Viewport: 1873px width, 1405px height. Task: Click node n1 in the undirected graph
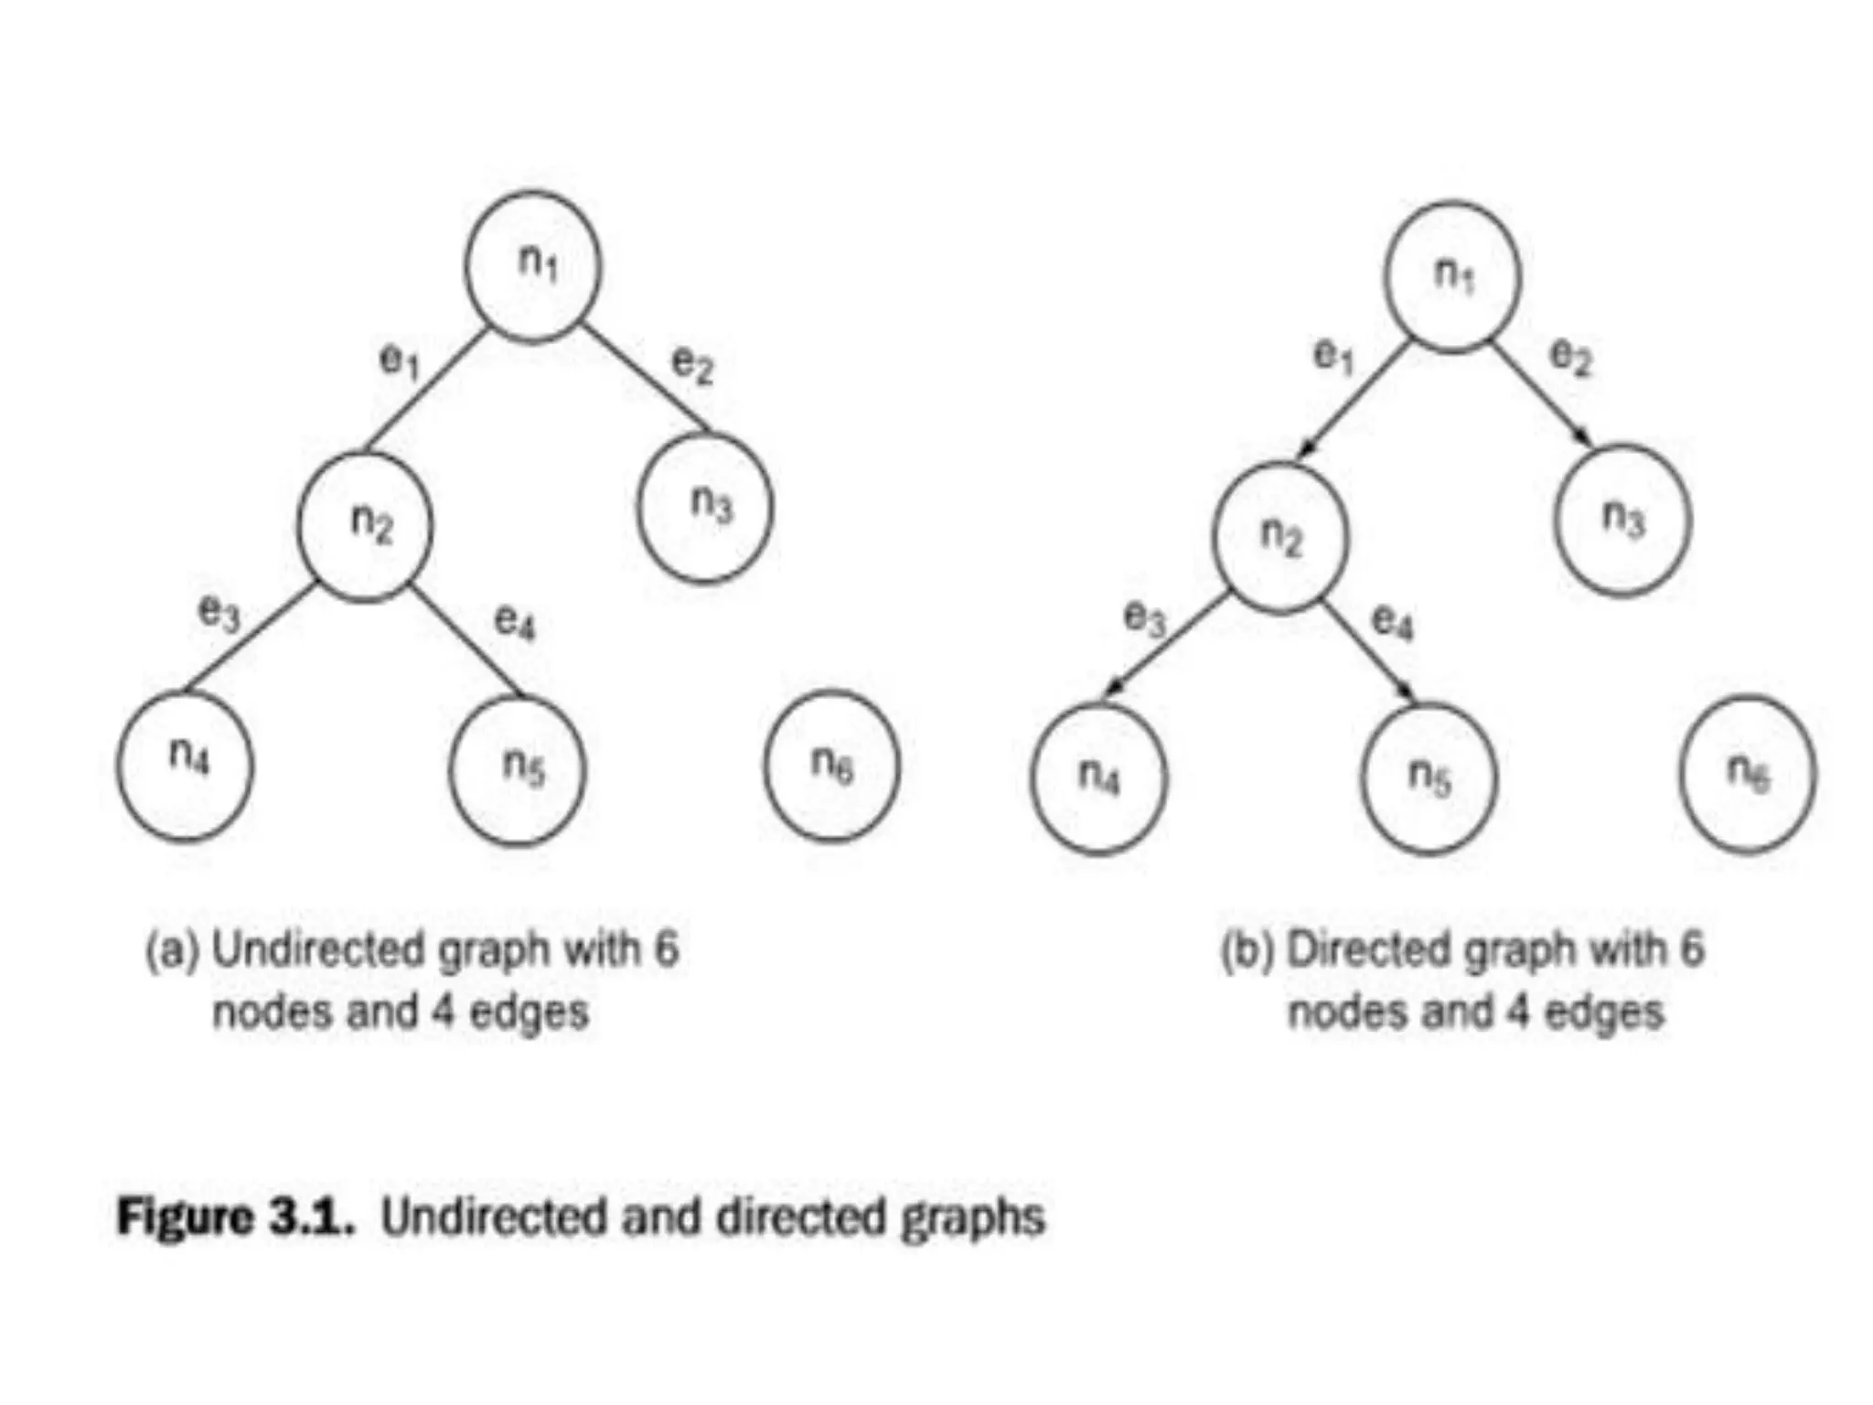click(533, 266)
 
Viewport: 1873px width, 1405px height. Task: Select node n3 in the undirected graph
click(705, 507)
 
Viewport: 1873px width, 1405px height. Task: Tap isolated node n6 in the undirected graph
click(832, 766)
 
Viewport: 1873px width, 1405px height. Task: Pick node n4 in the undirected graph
click(185, 766)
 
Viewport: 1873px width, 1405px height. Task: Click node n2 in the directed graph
click(1280, 537)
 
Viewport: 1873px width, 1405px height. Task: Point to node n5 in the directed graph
click(1429, 778)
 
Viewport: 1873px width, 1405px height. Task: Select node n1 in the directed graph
click(1453, 275)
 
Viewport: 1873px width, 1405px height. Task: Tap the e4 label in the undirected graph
click(515, 622)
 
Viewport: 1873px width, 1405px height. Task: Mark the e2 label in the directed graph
click(1571, 357)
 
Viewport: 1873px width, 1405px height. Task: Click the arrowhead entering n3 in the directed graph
click(1584, 438)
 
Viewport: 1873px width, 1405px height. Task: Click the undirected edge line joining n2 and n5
click(466, 639)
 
